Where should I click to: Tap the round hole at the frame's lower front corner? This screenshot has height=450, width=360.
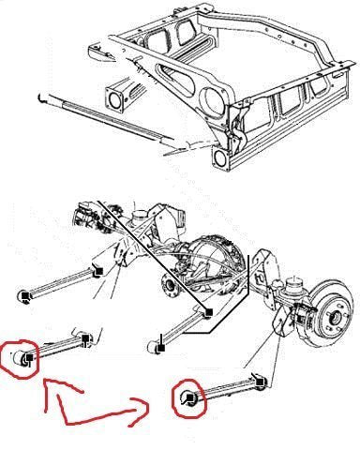222,158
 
